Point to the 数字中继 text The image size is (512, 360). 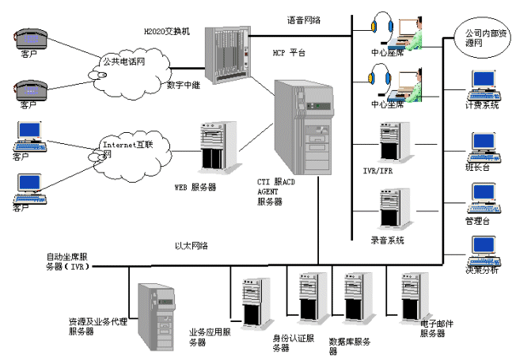point(183,85)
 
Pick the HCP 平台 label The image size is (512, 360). point(290,53)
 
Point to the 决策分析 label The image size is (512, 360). point(481,269)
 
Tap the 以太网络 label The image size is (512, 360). point(191,245)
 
